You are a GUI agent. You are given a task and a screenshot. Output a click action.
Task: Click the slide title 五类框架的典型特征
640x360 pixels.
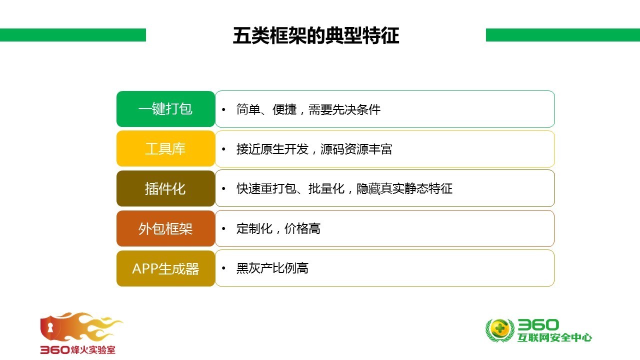[315, 35]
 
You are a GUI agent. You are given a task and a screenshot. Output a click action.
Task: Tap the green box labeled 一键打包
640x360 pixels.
[165, 109]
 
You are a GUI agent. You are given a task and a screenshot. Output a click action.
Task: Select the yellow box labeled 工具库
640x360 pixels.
[165, 148]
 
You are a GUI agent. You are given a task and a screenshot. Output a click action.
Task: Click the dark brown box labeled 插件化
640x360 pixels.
[165, 188]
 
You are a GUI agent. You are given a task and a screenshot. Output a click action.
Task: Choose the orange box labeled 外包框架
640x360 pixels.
[165, 228]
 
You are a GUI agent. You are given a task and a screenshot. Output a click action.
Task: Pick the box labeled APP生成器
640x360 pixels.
[165, 268]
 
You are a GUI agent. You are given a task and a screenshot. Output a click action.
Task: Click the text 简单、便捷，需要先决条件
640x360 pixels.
[308, 109]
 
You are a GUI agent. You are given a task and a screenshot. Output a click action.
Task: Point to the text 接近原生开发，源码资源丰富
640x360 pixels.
[314, 149]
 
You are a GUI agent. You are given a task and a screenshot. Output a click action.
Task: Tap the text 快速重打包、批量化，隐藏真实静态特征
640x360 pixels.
[344, 188]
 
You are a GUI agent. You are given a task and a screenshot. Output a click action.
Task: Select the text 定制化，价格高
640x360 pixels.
[278, 228]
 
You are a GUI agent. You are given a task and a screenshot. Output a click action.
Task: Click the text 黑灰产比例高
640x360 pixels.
[272, 268]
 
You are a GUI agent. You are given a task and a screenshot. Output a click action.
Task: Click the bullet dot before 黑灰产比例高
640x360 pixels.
[223, 268]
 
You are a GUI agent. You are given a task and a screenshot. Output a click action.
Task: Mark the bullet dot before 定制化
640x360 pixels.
[223, 228]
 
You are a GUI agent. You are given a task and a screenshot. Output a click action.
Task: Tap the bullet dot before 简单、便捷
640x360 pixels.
[223, 109]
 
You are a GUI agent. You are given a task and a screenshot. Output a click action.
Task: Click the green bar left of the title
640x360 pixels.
[73, 35]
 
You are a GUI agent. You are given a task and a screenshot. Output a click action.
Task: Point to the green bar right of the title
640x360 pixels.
[563, 35]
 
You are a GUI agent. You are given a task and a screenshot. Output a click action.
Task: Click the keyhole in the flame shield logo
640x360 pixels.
[50, 327]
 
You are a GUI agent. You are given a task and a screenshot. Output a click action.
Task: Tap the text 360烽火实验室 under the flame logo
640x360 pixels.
[77, 349]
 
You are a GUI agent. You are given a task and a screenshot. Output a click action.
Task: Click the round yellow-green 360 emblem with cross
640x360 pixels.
[499, 329]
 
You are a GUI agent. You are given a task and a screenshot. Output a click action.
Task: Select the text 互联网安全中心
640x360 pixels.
[554, 337]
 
